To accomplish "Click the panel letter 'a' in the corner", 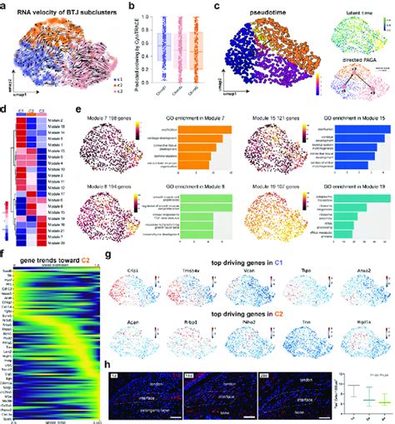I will (x=5, y=7).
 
